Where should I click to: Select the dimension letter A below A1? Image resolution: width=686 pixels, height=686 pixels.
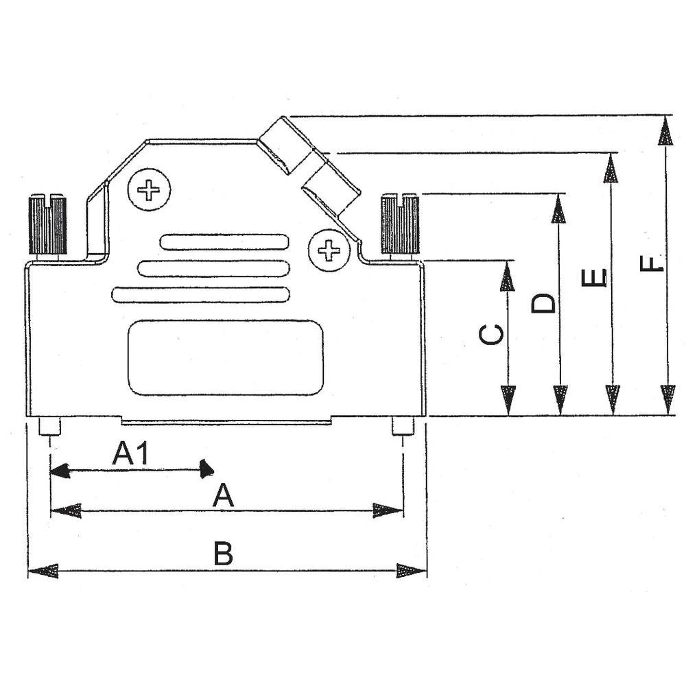click(223, 495)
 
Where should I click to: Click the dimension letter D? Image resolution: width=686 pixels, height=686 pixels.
click(544, 303)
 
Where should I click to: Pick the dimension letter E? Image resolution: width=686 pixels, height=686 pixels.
click(594, 278)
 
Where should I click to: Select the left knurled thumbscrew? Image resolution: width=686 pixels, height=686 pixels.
click(47, 225)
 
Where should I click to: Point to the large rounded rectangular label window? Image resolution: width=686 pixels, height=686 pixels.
click(226, 357)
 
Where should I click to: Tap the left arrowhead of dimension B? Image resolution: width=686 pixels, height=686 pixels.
click(41, 571)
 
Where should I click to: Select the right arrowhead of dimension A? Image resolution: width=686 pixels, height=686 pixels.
click(388, 510)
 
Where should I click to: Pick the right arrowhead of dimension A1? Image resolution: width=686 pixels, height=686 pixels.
click(205, 470)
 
